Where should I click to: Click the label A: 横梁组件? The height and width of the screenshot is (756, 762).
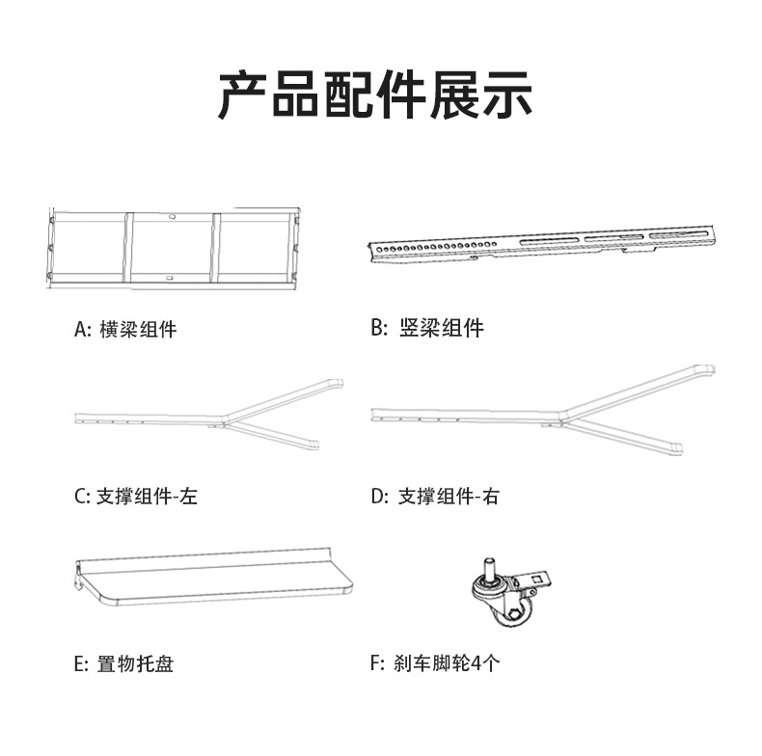[x=126, y=330]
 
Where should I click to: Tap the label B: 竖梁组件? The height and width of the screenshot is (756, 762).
[x=427, y=329]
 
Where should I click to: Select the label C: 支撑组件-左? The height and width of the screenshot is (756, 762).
[x=136, y=498]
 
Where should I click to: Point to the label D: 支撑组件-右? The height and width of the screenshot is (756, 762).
[x=435, y=498]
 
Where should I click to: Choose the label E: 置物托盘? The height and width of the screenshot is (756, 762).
[x=124, y=664]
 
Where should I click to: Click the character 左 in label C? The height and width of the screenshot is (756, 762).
[x=188, y=498]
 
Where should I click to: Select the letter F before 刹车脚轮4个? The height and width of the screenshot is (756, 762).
[x=375, y=664]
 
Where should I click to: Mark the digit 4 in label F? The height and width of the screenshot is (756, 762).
[x=473, y=664]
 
